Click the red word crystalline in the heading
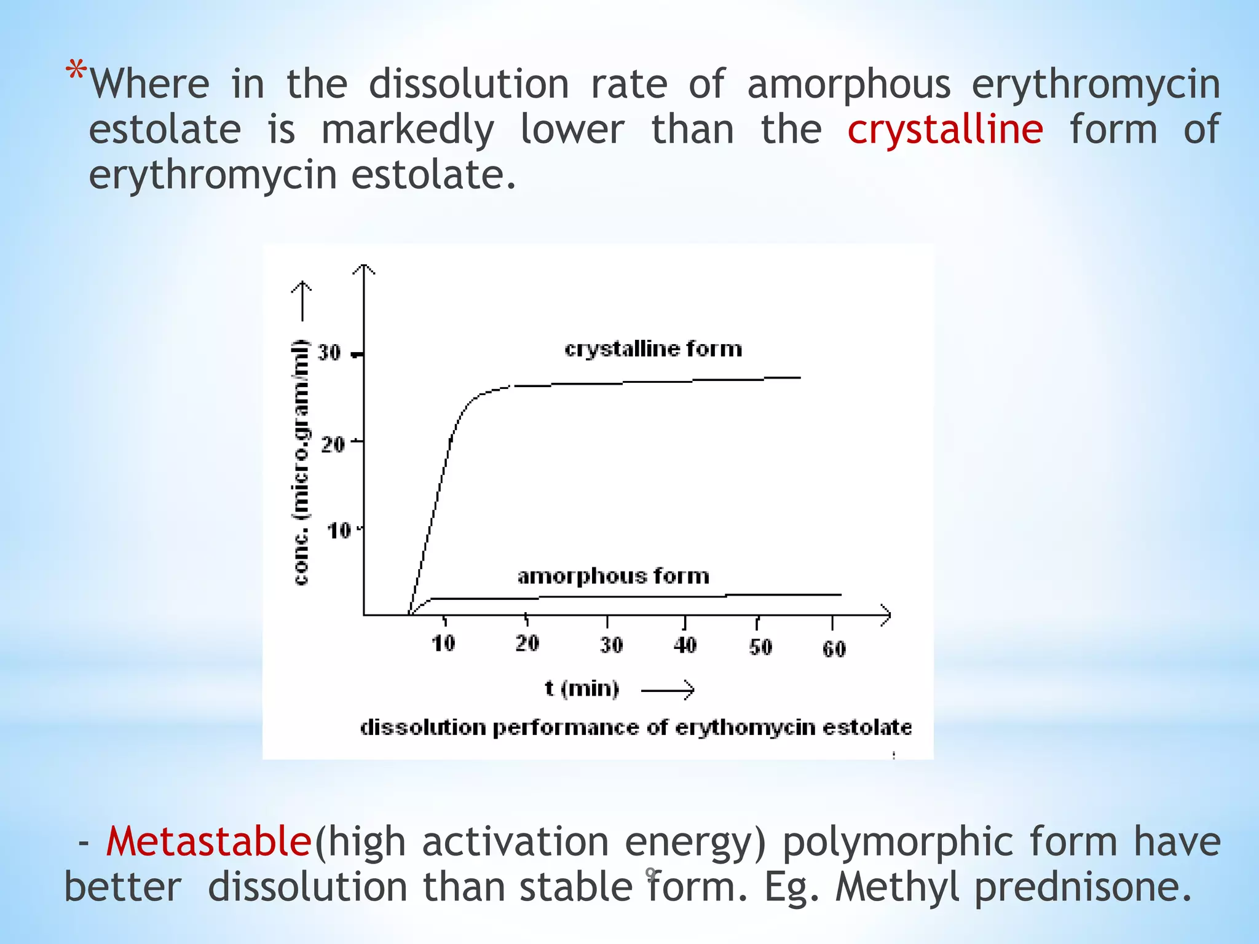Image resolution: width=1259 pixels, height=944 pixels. coord(945,130)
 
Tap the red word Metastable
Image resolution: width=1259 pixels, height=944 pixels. coord(208,841)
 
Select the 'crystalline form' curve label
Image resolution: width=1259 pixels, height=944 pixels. coord(653,349)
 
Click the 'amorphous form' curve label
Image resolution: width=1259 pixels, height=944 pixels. coord(613,576)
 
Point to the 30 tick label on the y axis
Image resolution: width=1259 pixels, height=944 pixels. coord(329,353)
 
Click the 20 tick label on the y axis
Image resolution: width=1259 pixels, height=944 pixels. coord(333,443)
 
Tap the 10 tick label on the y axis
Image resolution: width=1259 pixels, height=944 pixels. coord(339,530)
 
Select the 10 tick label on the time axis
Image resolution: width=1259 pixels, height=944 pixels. coord(443,643)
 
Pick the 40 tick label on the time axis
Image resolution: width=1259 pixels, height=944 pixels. coord(685,645)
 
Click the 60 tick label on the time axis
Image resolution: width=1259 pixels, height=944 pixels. coord(834,648)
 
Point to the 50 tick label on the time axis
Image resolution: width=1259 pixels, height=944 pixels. coord(760,647)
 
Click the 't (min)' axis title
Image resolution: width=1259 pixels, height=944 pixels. coord(582,688)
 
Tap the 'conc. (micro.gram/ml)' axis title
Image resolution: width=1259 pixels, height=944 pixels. coord(301,462)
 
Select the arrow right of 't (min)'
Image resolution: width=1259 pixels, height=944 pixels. coord(668,690)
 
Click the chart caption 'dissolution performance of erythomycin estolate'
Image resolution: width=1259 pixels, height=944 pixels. coord(636,728)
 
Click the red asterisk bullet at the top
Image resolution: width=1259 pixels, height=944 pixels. coord(76,73)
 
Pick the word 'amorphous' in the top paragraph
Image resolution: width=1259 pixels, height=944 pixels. coord(848,84)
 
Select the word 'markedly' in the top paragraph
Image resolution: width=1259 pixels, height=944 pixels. coord(408,130)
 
